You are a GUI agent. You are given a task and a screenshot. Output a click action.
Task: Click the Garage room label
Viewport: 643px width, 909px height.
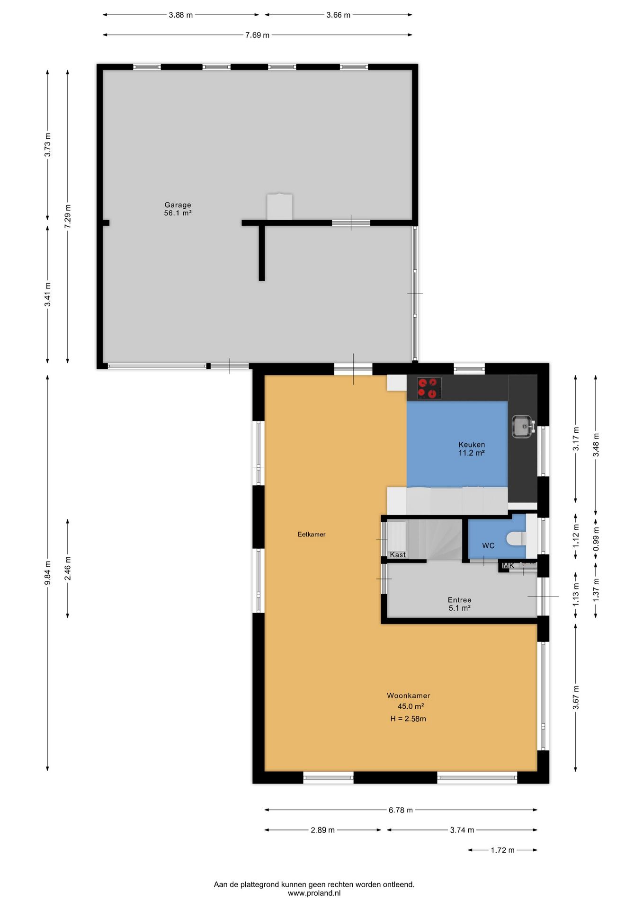178,205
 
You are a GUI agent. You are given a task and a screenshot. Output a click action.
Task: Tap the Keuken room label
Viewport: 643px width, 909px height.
472,445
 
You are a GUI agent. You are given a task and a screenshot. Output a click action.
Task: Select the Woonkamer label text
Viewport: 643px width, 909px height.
409,695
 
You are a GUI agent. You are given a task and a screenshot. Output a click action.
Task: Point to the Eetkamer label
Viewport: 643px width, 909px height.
312,534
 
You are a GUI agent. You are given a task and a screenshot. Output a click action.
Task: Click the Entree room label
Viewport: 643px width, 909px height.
459,600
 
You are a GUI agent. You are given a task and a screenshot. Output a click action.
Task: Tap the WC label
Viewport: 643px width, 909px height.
488,545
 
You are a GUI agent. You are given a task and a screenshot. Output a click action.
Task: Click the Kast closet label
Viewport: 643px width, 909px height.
398,554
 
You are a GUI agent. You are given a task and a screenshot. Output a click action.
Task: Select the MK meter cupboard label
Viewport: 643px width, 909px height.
508,565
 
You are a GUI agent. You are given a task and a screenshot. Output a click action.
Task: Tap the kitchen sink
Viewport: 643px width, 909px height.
523,426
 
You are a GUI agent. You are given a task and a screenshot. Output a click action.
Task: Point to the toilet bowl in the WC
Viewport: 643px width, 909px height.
516,538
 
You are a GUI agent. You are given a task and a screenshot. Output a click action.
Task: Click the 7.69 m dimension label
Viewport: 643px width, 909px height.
257,35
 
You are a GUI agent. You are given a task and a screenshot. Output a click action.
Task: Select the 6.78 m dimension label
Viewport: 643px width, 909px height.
401,810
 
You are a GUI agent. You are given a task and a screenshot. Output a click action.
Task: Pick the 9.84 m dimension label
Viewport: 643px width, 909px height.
47,573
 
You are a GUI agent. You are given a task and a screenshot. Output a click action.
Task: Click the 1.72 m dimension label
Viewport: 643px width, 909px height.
502,850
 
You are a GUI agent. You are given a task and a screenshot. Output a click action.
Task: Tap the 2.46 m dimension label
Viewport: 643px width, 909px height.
68,568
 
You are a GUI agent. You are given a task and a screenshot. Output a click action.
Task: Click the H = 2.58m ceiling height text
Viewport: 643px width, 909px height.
408,719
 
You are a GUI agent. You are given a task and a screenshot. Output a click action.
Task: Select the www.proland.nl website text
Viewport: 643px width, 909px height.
314,893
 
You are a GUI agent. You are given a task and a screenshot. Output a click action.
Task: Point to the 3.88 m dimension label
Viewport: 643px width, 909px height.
181,15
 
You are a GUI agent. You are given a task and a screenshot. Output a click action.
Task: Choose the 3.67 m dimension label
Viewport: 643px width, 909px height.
576,698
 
